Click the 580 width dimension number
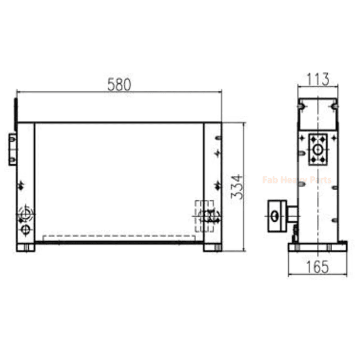tap(119, 85)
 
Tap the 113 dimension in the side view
tap(318, 79)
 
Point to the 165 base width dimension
tap(317, 267)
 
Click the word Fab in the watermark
tap(270, 180)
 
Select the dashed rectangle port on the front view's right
tap(203, 216)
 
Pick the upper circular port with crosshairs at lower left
tap(26, 212)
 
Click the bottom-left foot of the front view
tap(26, 247)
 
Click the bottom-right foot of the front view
tap(212, 247)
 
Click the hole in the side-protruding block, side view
tap(274, 216)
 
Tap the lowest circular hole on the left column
tap(26, 230)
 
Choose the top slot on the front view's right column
tap(218, 138)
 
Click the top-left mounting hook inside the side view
tap(302, 106)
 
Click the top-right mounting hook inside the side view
tap(334, 106)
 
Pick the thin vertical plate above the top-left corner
tap(16, 108)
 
